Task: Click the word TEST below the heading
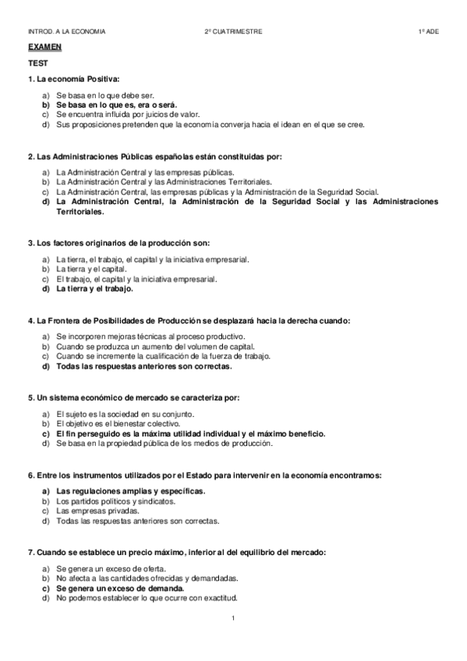[35, 64]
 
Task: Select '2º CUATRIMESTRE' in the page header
[233, 31]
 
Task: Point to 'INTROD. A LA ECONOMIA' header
[66, 31]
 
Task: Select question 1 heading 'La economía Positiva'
[73, 80]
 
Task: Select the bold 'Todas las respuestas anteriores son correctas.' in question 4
[144, 366]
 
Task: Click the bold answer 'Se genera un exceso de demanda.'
[114, 588]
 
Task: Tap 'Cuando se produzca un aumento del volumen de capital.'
[156, 346]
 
